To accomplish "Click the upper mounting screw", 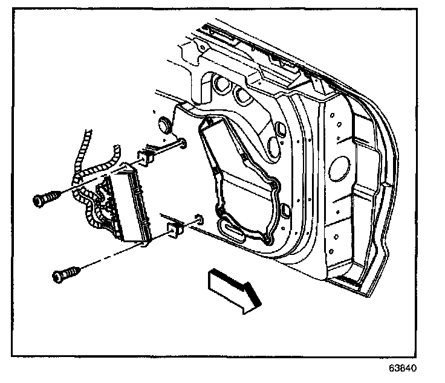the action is click(x=45, y=199).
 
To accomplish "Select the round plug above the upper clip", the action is click(x=164, y=124).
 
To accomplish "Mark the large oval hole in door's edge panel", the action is click(x=342, y=166).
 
